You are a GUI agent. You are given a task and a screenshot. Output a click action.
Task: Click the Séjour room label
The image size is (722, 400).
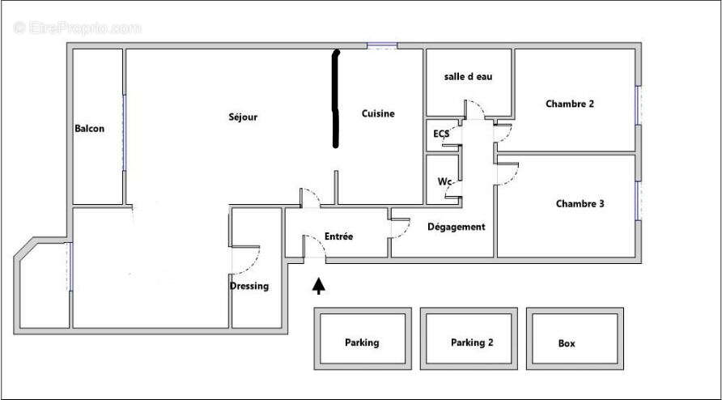tap(243, 117)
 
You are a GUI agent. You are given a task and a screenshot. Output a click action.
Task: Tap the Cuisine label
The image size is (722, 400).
tap(378, 113)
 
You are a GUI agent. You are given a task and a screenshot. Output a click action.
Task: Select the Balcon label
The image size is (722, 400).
tap(89, 129)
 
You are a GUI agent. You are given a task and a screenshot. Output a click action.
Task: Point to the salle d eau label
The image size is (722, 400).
tap(469, 76)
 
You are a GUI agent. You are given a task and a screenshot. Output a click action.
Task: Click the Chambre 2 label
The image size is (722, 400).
tap(570, 104)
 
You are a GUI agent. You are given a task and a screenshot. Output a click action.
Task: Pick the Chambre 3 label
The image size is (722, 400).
tap(580, 203)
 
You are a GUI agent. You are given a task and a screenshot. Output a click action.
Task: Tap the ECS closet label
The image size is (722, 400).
tap(440, 134)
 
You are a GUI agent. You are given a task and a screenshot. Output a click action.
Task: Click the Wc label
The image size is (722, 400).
tap(444, 181)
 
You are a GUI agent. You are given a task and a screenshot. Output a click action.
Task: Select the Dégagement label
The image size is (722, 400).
tap(457, 227)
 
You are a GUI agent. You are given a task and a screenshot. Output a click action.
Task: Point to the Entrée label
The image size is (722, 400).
tap(339, 236)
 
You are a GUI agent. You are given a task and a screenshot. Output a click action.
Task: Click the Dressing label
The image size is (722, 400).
tap(249, 286)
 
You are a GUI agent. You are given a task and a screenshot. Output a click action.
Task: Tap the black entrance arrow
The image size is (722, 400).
tap(319, 285)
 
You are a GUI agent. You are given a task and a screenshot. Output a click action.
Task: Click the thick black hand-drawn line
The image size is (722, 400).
tap(336, 99)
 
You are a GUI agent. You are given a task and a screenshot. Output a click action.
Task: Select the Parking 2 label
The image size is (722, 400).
tap(472, 343)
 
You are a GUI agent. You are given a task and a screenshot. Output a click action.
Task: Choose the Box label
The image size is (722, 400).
tap(567, 343)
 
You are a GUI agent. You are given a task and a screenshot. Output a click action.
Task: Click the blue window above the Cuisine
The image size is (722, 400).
tap(382, 45)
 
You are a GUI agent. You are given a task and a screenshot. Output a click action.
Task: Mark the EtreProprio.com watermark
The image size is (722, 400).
tap(78, 28)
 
